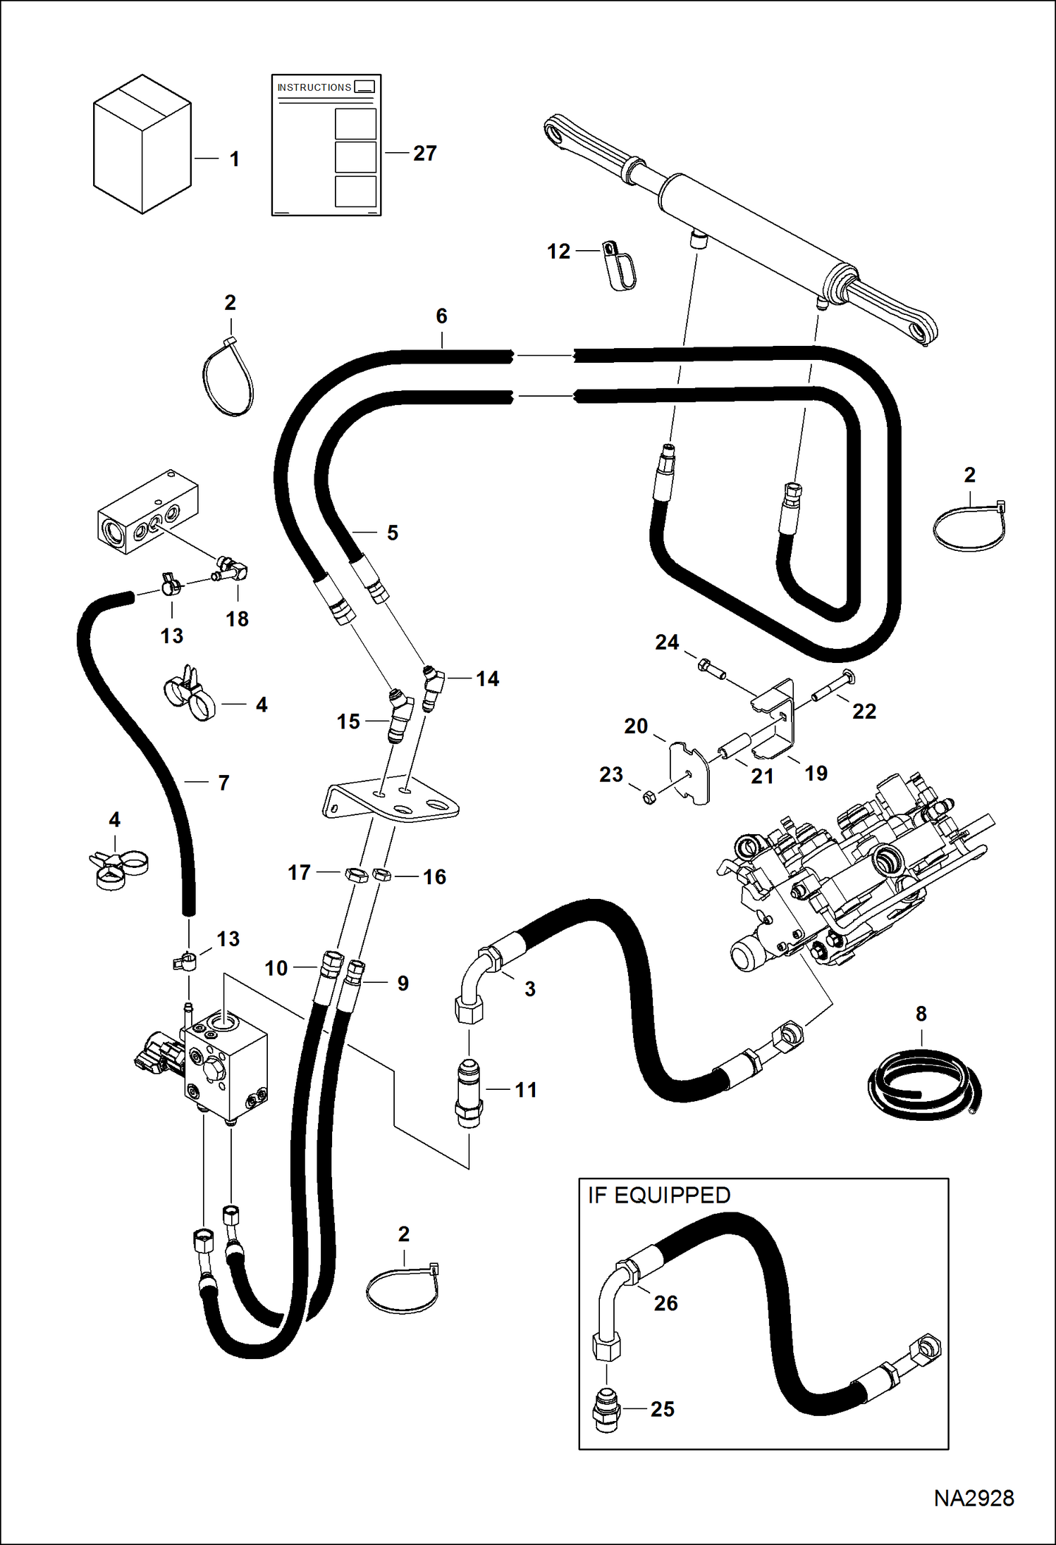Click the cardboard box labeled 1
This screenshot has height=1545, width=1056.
142,144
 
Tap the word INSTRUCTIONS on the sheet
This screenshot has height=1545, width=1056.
314,87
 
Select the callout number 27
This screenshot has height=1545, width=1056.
425,153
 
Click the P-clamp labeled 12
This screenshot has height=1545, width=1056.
620,266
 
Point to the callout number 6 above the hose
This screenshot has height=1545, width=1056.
441,316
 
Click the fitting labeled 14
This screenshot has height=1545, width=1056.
433,687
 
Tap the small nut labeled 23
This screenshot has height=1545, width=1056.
650,798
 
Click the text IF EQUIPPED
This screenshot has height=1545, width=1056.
659,1196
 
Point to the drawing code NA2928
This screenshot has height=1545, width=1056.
974,1498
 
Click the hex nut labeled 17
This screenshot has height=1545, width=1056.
357,876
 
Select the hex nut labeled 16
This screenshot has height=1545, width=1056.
381,875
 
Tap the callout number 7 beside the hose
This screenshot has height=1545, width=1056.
223,783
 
